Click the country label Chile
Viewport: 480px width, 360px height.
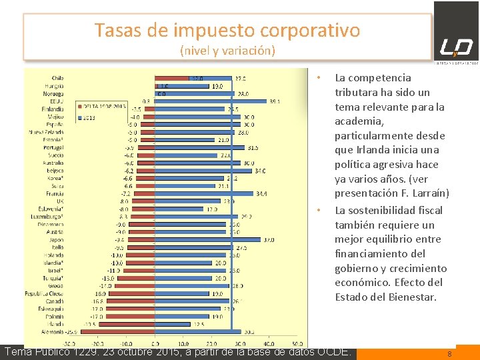57,78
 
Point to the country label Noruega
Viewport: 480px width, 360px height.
54,93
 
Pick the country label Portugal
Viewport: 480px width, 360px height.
53,147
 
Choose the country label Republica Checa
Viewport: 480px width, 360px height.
44,293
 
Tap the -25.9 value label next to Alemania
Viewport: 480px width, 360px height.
70,331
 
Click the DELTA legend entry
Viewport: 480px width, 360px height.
104,106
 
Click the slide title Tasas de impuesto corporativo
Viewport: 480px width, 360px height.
227,30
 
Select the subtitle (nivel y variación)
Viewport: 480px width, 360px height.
227,50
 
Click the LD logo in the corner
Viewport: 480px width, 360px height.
456,46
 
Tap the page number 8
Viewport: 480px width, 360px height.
449,354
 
